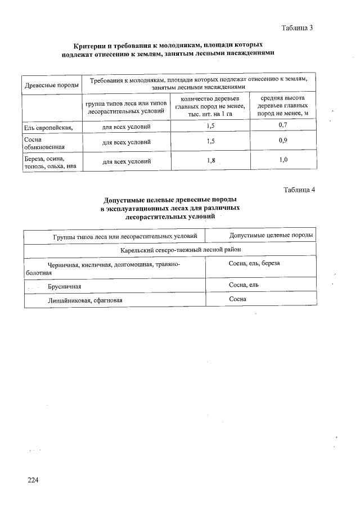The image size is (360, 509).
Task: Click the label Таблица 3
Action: pyautogui.click(x=296, y=28)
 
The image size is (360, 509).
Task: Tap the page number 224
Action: pyautogui.click(x=33, y=480)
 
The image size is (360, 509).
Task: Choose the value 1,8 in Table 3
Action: pyautogui.click(x=211, y=161)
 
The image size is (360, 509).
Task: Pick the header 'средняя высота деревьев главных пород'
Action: pyautogui.click(x=283, y=105)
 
